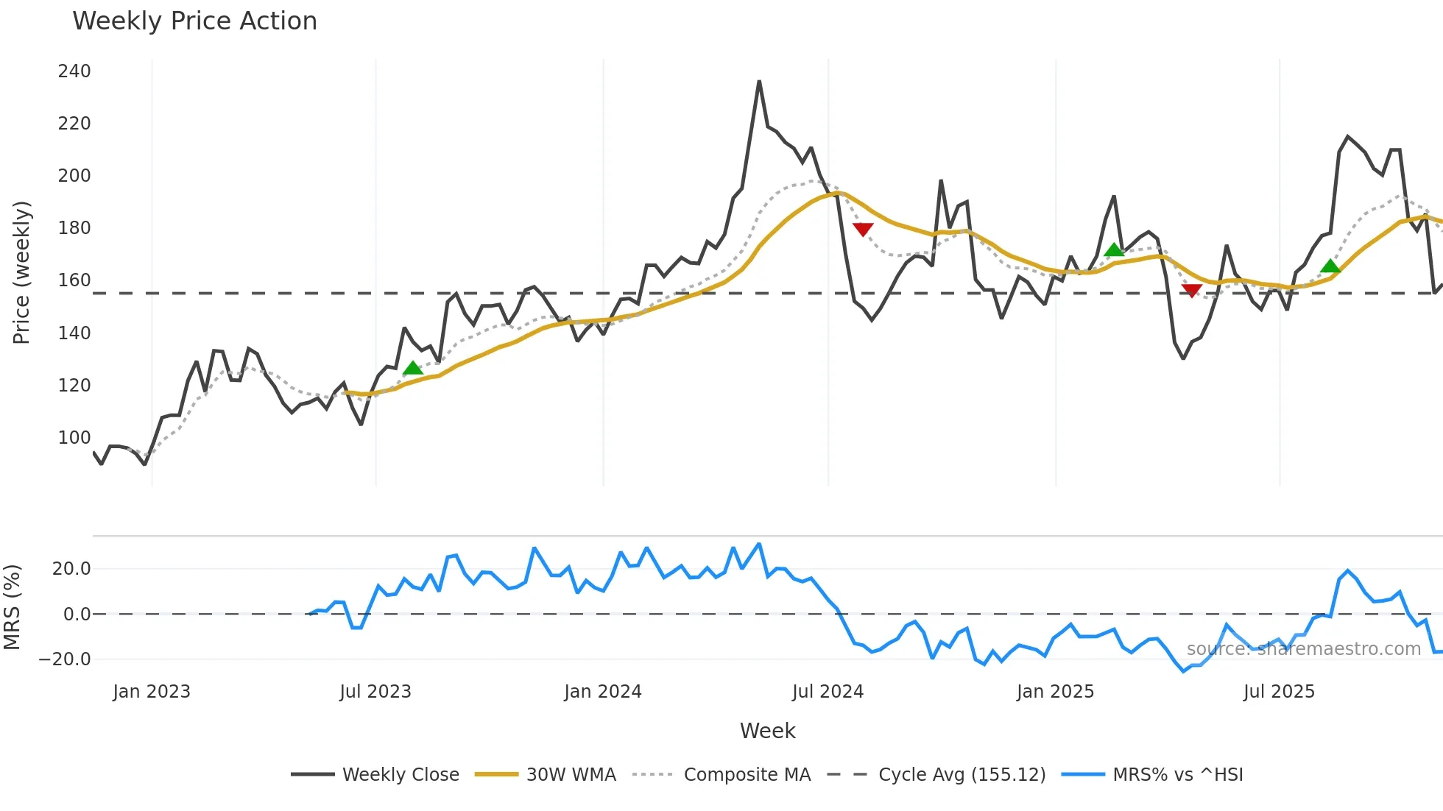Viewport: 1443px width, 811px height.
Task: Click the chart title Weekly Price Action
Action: pyautogui.click(x=194, y=21)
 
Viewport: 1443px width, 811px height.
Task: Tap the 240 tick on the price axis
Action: pyautogui.click(x=74, y=71)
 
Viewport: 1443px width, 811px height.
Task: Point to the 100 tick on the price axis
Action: pyautogui.click(x=74, y=438)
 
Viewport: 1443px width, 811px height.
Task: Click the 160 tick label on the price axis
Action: pyautogui.click(x=74, y=280)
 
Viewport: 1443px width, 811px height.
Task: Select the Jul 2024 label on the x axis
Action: pyautogui.click(x=828, y=692)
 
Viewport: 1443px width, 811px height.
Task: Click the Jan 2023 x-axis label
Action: pyautogui.click(x=152, y=692)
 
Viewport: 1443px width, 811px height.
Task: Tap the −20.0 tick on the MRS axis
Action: pyautogui.click(x=65, y=659)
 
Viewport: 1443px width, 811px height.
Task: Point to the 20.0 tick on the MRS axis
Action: pyautogui.click(x=71, y=569)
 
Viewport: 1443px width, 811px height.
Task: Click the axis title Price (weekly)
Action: pyautogui.click(x=21, y=272)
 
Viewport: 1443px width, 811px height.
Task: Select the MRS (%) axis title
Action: pyautogui.click(x=13, y=607)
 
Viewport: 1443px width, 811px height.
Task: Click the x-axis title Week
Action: pyautogui.click(x=767, y=731)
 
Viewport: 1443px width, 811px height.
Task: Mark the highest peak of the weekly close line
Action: pyautogui.click(x=759, y=82)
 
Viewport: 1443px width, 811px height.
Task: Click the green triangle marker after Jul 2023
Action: pyautogui.click(x=413, y=368)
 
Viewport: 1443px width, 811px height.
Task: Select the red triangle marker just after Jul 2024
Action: pyautogui.click(x=863, y=230)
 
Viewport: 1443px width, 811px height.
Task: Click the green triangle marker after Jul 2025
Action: pyautogui.click(x=1330, y=266)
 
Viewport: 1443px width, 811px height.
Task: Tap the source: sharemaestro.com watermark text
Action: pyautogui.click(x=1303, y=649)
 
